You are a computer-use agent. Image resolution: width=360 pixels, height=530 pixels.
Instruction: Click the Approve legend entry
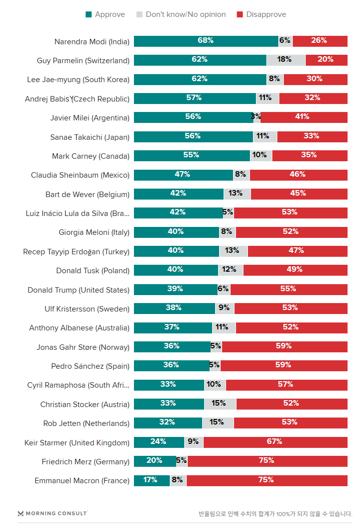(x=105, y=14)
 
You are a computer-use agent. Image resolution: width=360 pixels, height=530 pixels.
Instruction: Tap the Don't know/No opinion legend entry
(x=181, y=14)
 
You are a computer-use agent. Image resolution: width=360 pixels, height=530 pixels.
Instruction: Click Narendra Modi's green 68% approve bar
(x=206, y=41)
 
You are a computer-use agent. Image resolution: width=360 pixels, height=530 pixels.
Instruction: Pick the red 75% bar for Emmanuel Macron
(x=267, y=481)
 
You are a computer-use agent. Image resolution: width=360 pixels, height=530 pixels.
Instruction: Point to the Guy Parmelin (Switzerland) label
(x=83, y=60)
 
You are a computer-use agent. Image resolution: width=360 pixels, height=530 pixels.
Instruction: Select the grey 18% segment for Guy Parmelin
(x=285, y=60)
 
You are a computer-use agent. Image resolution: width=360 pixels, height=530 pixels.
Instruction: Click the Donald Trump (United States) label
(x=78, y=290)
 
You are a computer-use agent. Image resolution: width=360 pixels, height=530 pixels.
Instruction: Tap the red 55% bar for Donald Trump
(x=289, y=290)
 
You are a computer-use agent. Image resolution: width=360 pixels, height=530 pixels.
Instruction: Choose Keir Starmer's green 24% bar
(x=159, y=442)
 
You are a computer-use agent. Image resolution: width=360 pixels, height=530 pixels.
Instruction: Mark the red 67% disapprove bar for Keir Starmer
(x=275, y=442)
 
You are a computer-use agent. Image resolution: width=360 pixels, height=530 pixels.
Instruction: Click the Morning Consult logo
(x=52, y=513)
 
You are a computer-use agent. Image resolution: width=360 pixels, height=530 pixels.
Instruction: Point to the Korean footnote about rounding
(x=275, y=514)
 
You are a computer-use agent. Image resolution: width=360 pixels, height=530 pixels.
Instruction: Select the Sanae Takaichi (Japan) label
(x=90, y=137)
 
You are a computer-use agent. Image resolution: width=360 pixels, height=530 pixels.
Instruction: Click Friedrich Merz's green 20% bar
(x=154, y=461)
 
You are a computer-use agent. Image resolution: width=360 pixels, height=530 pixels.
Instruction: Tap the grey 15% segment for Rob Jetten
(x=218, y=423)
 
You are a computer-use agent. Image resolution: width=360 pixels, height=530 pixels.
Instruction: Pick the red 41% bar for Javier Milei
(x=303, y=117)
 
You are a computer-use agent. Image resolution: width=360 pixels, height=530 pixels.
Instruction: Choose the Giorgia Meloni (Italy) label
(x=94, y=232)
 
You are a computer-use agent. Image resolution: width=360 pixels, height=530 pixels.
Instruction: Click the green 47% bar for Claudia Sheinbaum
(x=183, y=175)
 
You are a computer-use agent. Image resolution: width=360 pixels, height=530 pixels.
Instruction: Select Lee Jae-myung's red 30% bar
(x=315, y=79)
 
